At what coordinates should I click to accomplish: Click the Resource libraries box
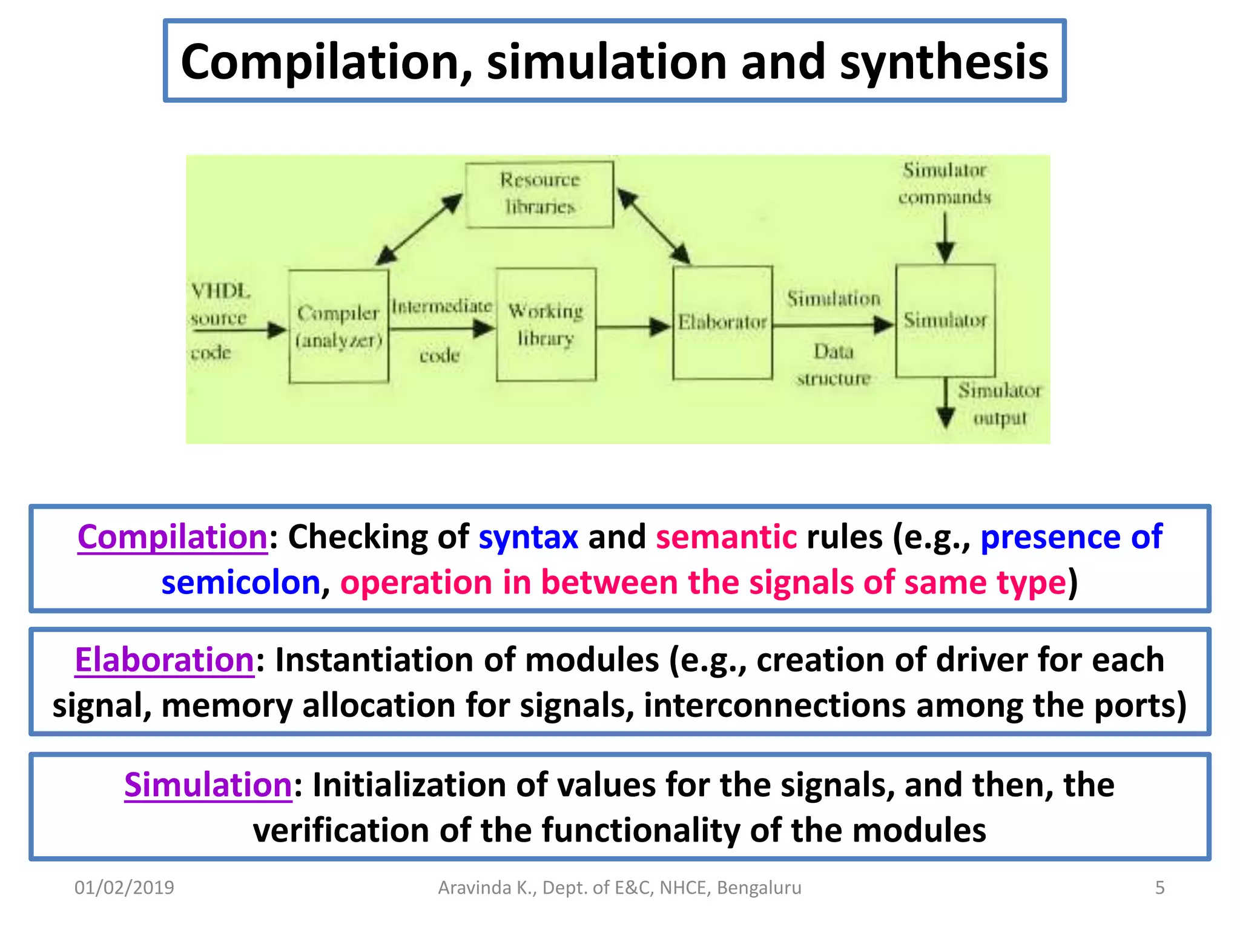(539, 194)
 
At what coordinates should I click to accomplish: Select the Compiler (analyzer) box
(338, 326)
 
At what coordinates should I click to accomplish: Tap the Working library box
(546, 325)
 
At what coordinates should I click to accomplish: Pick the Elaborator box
(722, 323)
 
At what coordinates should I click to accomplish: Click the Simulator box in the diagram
(945, 320)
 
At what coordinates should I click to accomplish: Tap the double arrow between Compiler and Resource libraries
(418, 229)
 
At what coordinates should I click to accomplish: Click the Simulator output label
(1000, 404)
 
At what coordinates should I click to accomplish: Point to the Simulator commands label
(945, 183)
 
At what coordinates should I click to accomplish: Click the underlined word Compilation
(173, 537)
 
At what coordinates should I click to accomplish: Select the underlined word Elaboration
(164, 660)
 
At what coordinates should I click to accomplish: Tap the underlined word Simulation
(208, 785)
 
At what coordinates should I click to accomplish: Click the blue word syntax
(528, 537)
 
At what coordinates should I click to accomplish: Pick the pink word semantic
(726, 537)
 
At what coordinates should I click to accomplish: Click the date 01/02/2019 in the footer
(124, 888)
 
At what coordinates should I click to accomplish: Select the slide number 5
(1159, 888)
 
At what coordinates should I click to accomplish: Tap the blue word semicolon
(240, 582)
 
